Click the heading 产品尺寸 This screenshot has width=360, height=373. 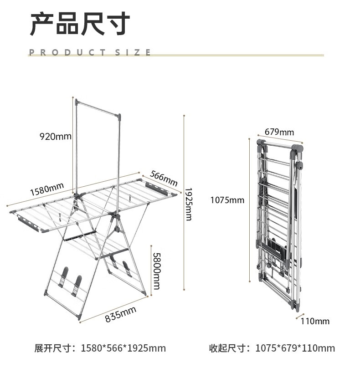click(80, 24)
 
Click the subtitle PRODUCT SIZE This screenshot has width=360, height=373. click(90, 52)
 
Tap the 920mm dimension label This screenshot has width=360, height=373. click(56, 136)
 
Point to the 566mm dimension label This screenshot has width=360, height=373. click(164, 178)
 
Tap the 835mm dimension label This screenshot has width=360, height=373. click(121, 314)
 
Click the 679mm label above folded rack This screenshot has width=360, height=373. click(279, 132)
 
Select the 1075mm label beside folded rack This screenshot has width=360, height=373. click(227, 200)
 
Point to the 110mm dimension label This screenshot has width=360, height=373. click(315, 322)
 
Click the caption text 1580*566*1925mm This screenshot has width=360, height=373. click(123, 348)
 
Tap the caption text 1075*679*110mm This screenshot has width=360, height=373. click(295, 348)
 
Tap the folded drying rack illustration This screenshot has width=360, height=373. click(278, 223)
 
